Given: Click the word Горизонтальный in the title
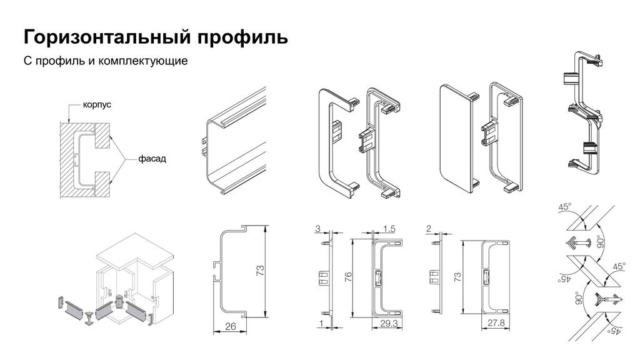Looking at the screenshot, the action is click(107, 37).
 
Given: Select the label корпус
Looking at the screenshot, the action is click(97, 105).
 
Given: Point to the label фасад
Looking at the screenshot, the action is click(152, 158).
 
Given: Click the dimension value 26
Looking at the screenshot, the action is click(231, 326).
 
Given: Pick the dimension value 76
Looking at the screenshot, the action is click(347, 277).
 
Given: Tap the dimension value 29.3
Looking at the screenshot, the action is click(389, 323).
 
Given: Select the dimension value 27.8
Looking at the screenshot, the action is click(496, 323).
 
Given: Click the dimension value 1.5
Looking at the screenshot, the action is click(389, 229).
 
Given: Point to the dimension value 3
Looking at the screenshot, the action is click(318, 229).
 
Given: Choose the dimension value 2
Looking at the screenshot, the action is click(429, 229).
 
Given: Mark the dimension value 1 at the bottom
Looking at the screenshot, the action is click(321, 324).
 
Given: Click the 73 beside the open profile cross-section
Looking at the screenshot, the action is click(260, 271).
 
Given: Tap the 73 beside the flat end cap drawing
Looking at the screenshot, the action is click(457, 277).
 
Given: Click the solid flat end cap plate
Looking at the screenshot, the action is click(456, 138).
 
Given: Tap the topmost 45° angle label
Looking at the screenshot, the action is click(565, 207).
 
